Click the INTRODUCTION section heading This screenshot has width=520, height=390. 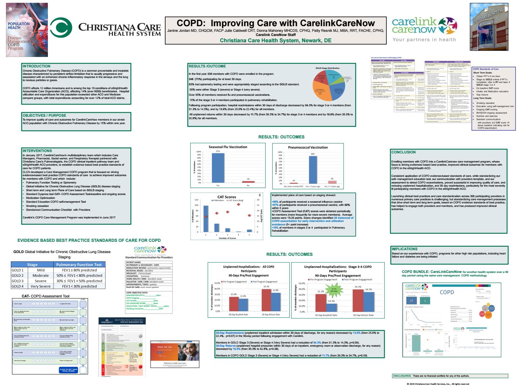pos(36,66)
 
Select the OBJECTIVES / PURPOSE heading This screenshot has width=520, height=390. pos(44,115)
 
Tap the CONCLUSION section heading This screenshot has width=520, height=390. pos(403,152)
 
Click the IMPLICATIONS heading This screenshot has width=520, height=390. pos(404,249)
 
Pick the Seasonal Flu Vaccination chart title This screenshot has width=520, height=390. pos(228,147)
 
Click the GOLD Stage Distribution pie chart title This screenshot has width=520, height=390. pos(327,68)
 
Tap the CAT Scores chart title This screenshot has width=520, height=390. pos(227,197)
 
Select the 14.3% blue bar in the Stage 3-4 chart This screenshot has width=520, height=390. pos(331,308)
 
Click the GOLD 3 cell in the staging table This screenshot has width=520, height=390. pos(18,281)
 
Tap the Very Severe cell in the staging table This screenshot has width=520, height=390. pos(41,286)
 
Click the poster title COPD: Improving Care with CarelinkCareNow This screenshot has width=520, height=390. pos(276,23)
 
